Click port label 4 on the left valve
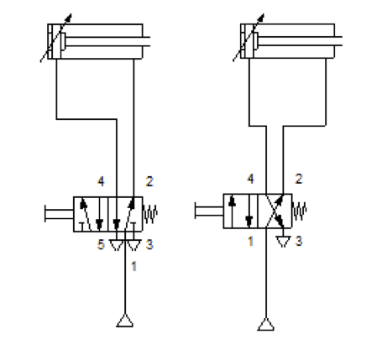coord(101,181)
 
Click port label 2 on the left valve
coord(149,181)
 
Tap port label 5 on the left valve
coord(101,244)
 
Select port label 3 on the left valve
coord(149,244)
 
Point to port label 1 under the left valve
coord(134,266)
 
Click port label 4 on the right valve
coord(251,179)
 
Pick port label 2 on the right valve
coord(299,179)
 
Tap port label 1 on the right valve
coord(251,241)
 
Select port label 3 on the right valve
coord(299,241)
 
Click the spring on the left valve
coord(150,214)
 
